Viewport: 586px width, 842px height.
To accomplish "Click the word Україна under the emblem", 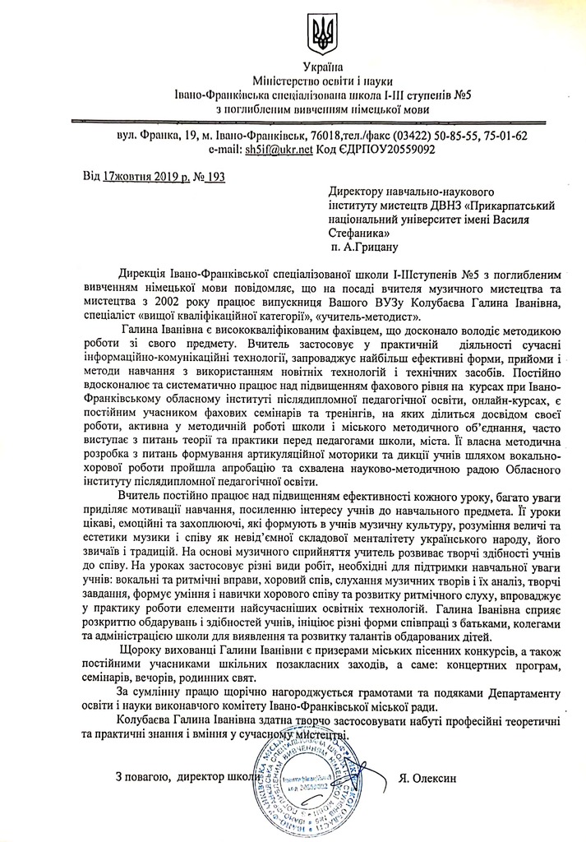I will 323,67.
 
